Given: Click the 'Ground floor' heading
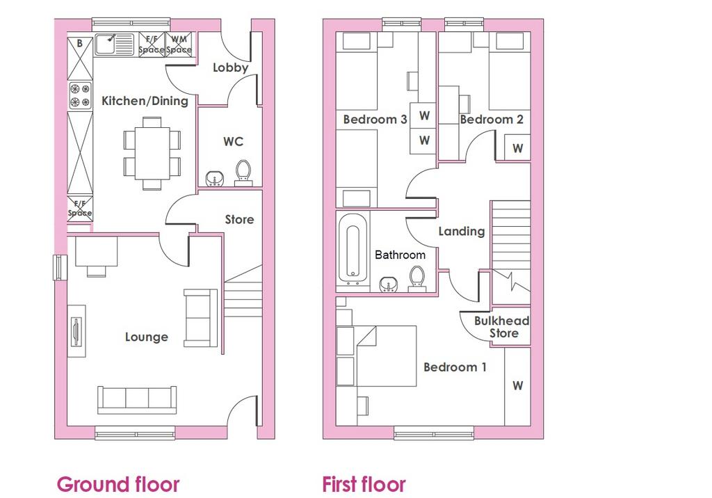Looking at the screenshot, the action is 118,484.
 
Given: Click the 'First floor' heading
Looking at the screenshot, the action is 364,484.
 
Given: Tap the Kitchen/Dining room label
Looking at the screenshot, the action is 145,101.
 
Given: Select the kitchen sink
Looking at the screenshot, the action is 114,45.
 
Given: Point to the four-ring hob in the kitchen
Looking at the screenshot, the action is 80,95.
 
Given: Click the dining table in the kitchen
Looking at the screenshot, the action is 152,153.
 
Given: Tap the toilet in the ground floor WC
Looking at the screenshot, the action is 243,173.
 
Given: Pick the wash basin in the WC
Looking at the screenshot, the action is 214,179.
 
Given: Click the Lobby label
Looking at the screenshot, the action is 230,67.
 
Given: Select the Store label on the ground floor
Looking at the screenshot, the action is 239,220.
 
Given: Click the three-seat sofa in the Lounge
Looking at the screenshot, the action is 137,400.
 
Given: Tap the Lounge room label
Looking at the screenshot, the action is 147,337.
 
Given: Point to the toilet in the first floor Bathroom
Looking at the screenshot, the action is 417,278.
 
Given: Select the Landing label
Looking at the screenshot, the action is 462,232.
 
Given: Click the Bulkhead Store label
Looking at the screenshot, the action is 502,327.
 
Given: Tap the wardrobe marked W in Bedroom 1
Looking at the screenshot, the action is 517,386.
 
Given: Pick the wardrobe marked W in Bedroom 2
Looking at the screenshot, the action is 517,147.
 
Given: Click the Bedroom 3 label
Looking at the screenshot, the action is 375,120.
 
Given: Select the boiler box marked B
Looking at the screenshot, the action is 80,58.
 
